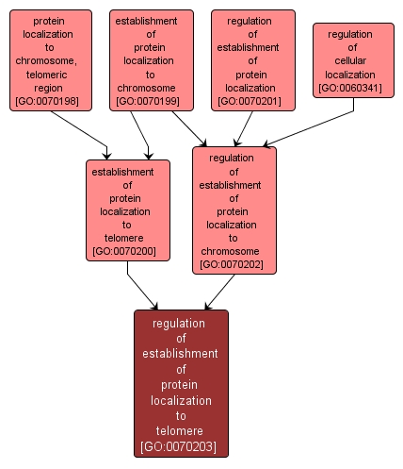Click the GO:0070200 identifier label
pos(127,251)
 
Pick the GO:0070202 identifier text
pos(234,265)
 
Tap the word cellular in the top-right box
pos(350,60)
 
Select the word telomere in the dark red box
pos(181,429)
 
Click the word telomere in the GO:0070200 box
pos(127,238)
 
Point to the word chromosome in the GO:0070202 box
pos(233,252)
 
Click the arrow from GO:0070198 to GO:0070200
pos(80,133)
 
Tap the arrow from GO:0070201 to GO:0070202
pos(243,127)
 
